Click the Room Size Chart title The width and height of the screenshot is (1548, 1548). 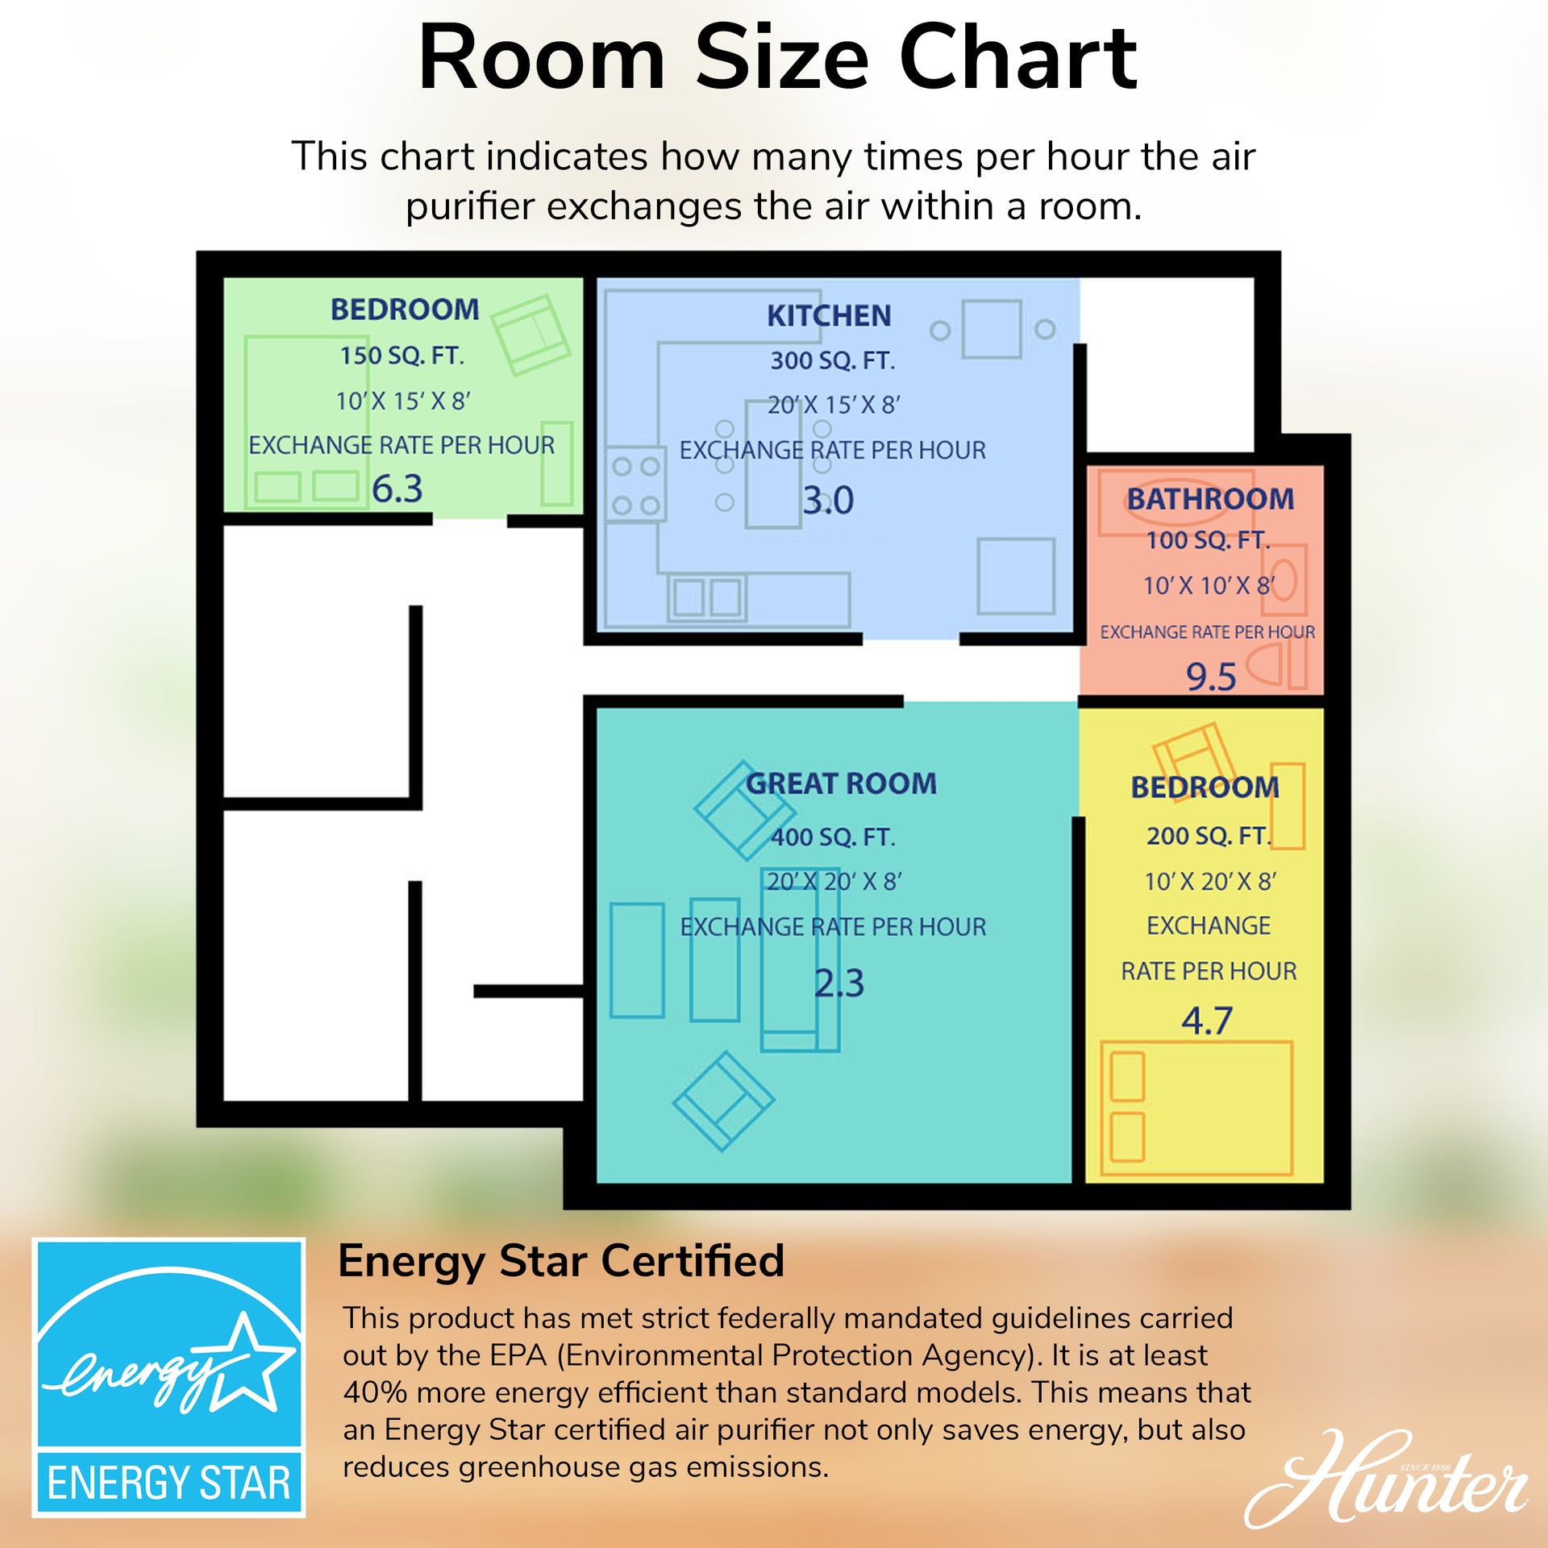pyautogui.click(x=777, y=58)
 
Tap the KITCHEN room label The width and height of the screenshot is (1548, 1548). pyautogui.click(x=829, y=315)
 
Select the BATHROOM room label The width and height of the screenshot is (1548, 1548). pyautogui.click(x=1210, y=498)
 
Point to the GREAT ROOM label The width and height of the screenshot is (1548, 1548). pyautogui.click(x=841, y=783)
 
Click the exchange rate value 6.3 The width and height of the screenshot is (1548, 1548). pyautogui.click(x=397, y=489)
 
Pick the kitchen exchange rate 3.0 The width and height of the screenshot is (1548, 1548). pyautogui.click(x=828, y=500)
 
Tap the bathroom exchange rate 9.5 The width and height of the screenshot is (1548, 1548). pyautogui.click(x=1211, y=676)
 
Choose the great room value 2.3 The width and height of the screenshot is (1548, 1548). pyautogui.click(x=839, y=983)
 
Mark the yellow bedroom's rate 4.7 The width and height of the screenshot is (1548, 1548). pyautogui.click(x=1207, y=1021)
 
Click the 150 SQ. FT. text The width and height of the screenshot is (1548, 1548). pyautogui.click(x=402, y=356)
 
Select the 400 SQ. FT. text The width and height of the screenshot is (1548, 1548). pyautogui.click(x=834, y=837)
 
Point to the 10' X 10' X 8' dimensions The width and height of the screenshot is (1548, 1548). pyautogui.click(x=1209, y=585)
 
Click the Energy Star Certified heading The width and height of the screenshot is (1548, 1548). pyautogui.click(x=561, y=1261)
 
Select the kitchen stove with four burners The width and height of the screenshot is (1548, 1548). pyautogui.click(x=635, y=484)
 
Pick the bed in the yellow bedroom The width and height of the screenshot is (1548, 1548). pyautogui.click(x=1196, y=1108)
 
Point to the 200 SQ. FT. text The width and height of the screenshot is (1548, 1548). pyautogui.click(x=1209, y=836)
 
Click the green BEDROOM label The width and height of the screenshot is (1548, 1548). pyautogui.click(x=405, y=309)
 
